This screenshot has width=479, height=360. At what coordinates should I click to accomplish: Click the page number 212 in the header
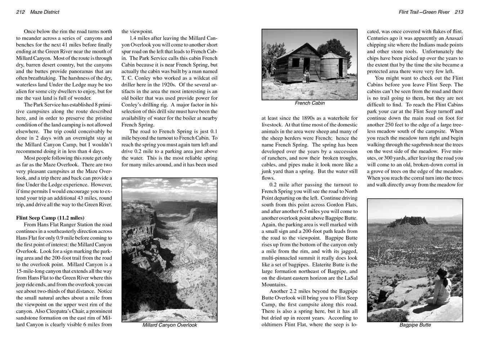pyautogui.click(x=20, y=12)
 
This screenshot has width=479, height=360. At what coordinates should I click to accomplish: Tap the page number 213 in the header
pyautogui.click(x=459, y=12)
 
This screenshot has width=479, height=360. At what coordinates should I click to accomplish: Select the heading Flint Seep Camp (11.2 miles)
pyautogui.click(x=50, y=218)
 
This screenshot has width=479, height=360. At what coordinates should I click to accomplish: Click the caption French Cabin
pyautogui.click(x=309, y=103)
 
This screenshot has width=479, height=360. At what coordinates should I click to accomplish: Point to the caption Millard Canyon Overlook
pyautogui.click(x=170, y=325)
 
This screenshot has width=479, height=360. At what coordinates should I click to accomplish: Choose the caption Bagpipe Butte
pyautogui.click(x=415, y=325)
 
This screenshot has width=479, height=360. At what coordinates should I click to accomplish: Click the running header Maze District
pyautogui.click(x=45, y=12)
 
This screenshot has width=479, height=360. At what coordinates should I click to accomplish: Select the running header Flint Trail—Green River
pyautogui.click(x=424, y=12)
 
